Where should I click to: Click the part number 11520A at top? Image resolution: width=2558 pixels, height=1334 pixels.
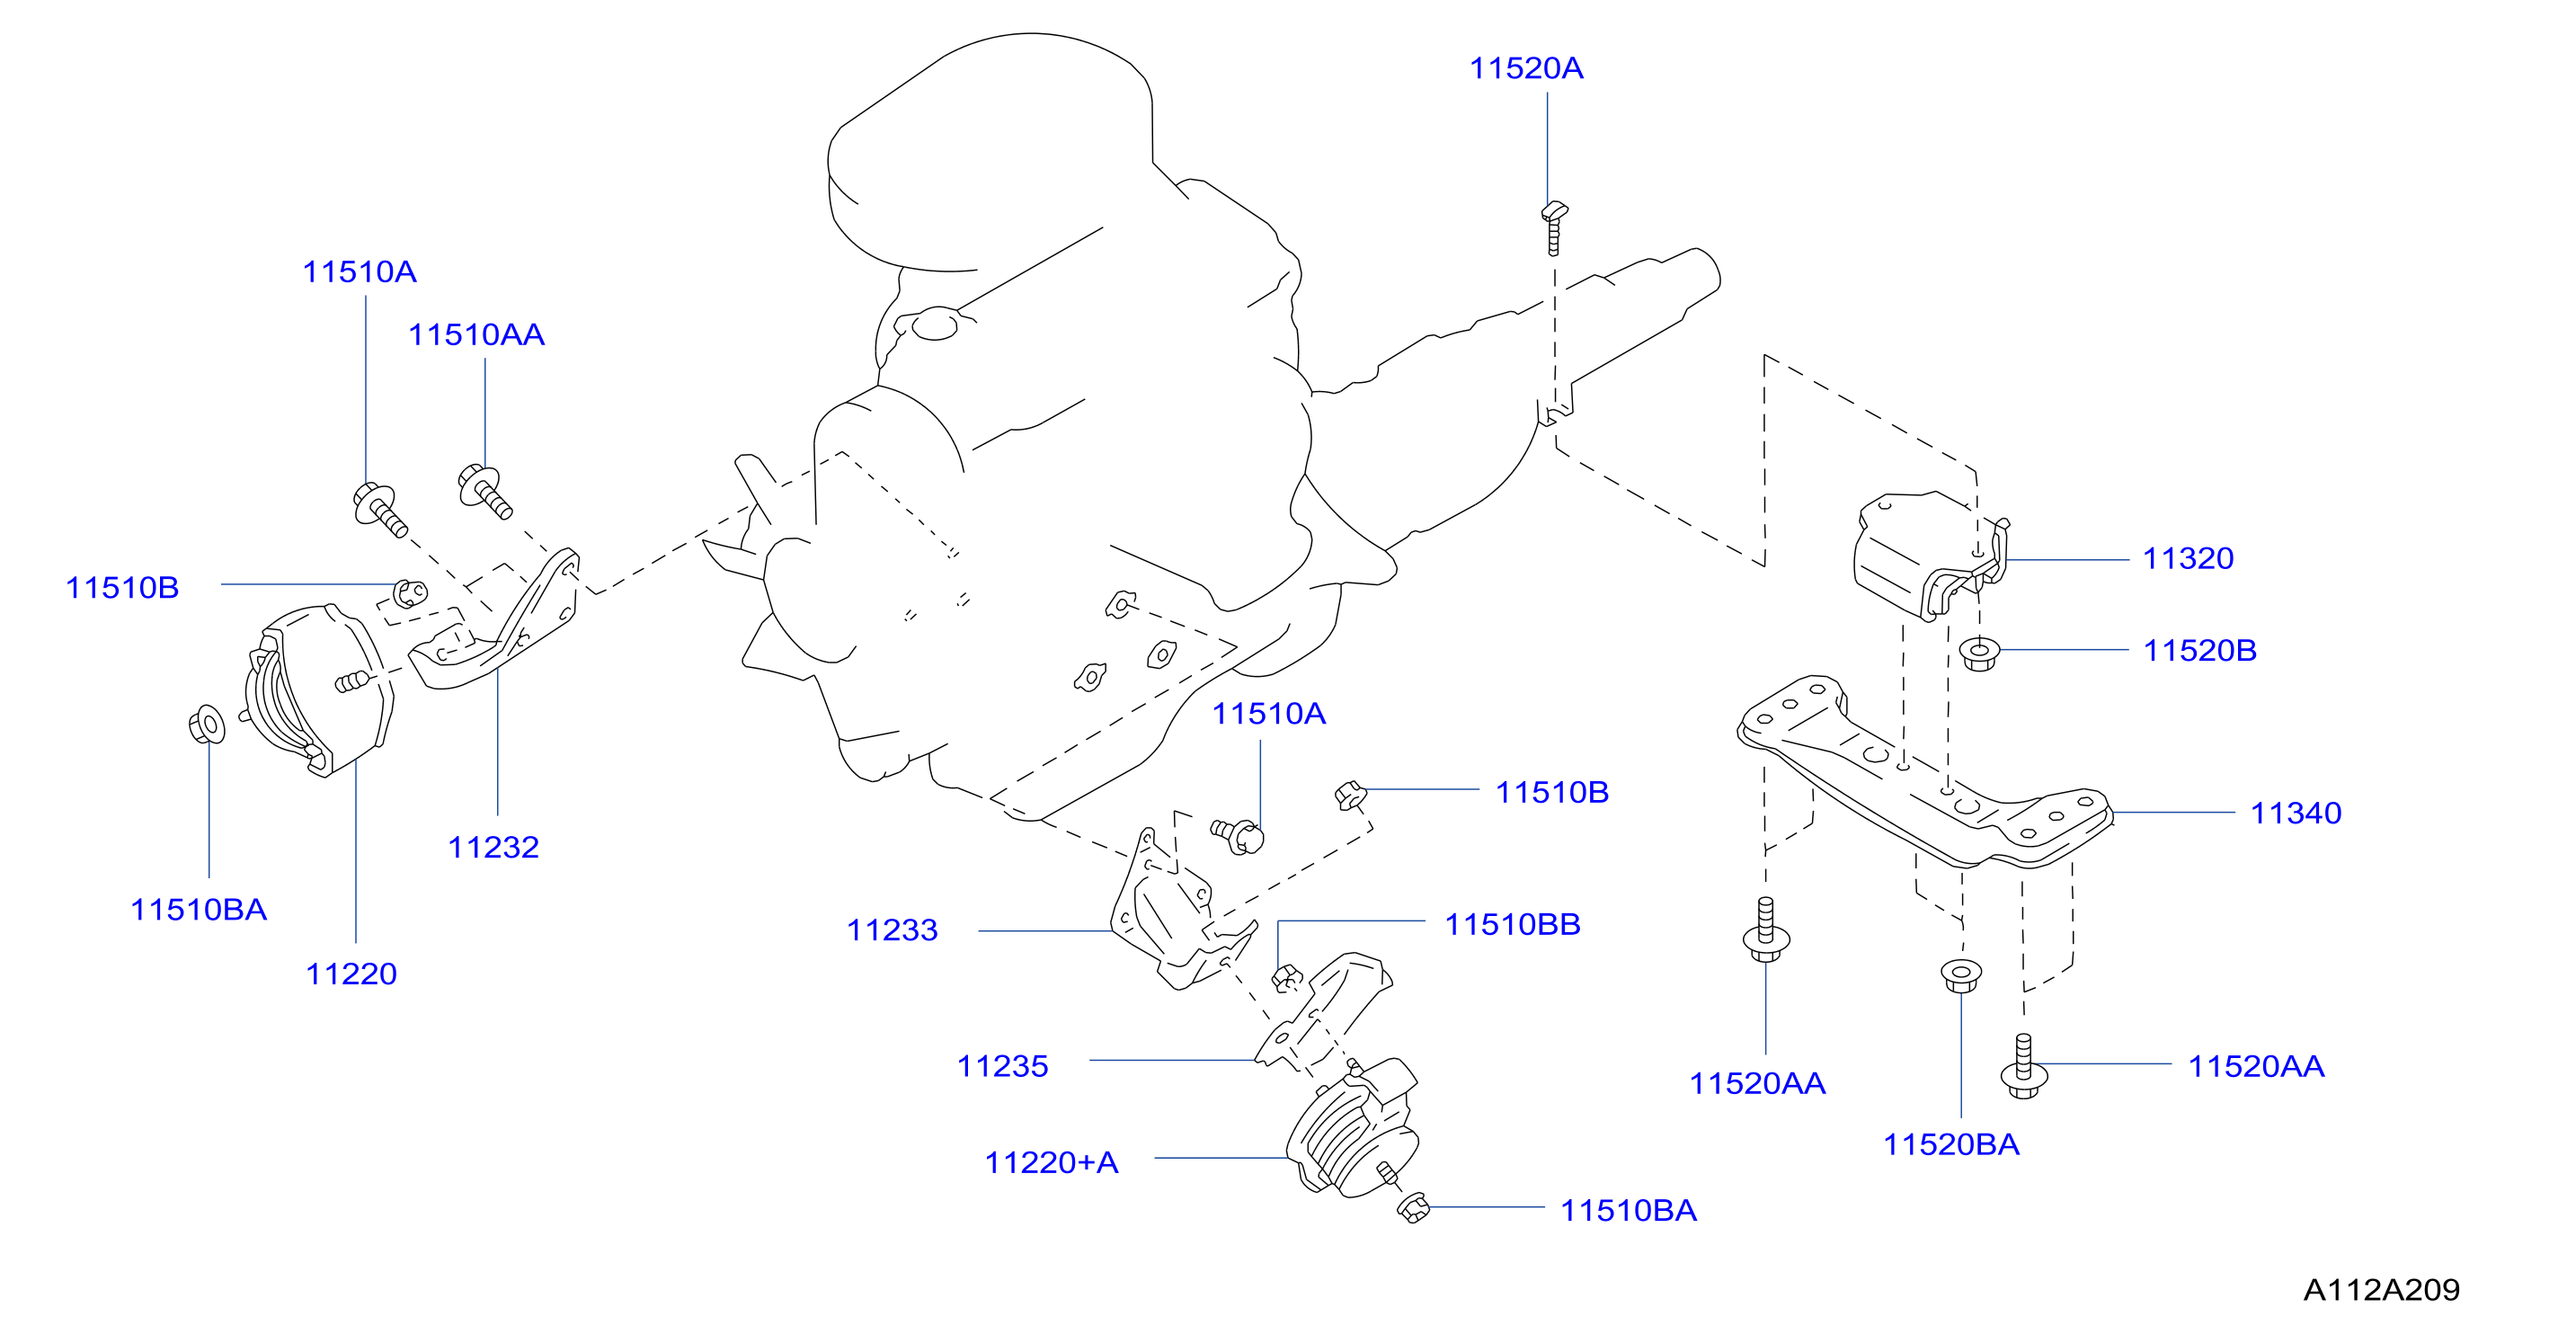click(x=1526, y=68)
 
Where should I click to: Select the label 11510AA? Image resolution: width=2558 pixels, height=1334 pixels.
click(x=476, y=334)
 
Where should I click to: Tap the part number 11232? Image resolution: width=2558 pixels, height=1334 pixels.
click(x=493, y=848)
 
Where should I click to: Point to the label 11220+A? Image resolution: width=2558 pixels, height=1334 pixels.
click(x=1052, y=1162)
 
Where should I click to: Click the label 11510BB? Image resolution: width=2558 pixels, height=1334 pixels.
click(x=1513, y=925)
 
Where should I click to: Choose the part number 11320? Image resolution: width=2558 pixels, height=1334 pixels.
click(x=2189, y=558)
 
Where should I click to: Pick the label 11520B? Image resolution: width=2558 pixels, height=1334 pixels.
click(x=2200, y=651)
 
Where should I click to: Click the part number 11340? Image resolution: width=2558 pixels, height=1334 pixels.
click(x=2296, y=814)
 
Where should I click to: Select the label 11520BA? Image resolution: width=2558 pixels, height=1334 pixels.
click(x=1951, y=1144)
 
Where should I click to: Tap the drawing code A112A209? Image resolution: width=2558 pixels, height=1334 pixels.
click(x=2381, y=1289)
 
